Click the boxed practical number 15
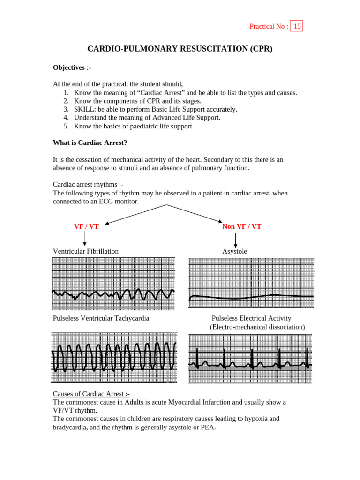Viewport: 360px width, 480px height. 297,26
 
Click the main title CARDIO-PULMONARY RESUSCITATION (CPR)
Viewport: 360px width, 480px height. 180,49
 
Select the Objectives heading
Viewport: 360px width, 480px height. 72,67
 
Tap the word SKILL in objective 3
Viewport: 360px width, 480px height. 84,109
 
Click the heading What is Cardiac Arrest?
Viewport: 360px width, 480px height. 90,142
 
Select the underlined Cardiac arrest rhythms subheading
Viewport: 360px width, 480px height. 88,185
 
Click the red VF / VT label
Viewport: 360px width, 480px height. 86,226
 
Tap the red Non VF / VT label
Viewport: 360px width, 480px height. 241,226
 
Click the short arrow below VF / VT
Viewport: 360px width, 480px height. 85,239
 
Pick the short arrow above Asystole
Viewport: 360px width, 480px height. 235,240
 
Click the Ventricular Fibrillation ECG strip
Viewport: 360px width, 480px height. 113,284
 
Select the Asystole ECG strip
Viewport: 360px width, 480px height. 251,283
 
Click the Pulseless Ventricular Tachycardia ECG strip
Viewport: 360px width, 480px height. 114,358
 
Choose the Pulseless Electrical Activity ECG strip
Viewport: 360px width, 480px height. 250,359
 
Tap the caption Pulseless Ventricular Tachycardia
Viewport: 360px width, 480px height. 101,318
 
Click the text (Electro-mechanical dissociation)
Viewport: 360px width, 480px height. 257,327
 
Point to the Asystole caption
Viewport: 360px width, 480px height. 234,251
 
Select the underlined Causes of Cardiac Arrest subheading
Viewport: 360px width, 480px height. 91,394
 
